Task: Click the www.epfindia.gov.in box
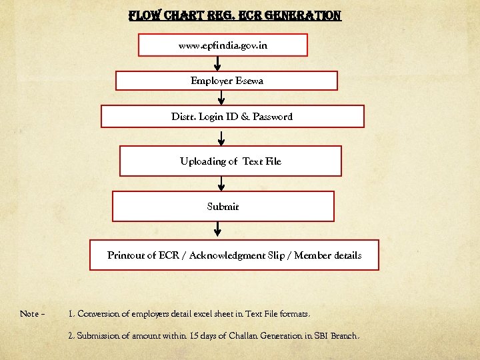tap(223, 45)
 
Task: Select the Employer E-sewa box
tap(227, 81)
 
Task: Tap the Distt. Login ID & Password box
tap(232, 116)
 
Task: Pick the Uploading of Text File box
tap(231, 161)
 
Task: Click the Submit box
tap(223, 207)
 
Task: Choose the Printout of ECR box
tap(234, 255)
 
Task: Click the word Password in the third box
tap(272, 117)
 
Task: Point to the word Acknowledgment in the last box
tap(227, 255)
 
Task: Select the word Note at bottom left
tap(29, 314)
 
